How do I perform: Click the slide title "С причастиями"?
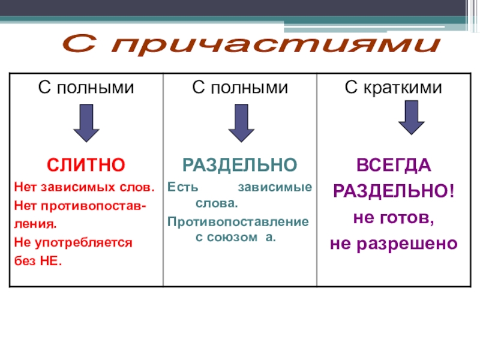[251, 44]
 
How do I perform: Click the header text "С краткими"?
[394, 88]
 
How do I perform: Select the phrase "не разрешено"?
[394, 244]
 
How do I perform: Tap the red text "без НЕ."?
[38, 262]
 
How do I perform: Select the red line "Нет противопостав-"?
[82, 206]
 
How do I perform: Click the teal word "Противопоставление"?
[239, 222]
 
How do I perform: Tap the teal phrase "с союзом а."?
[236, 237]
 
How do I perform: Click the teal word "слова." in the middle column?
[217, 203]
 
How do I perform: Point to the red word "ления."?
[35, 224]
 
